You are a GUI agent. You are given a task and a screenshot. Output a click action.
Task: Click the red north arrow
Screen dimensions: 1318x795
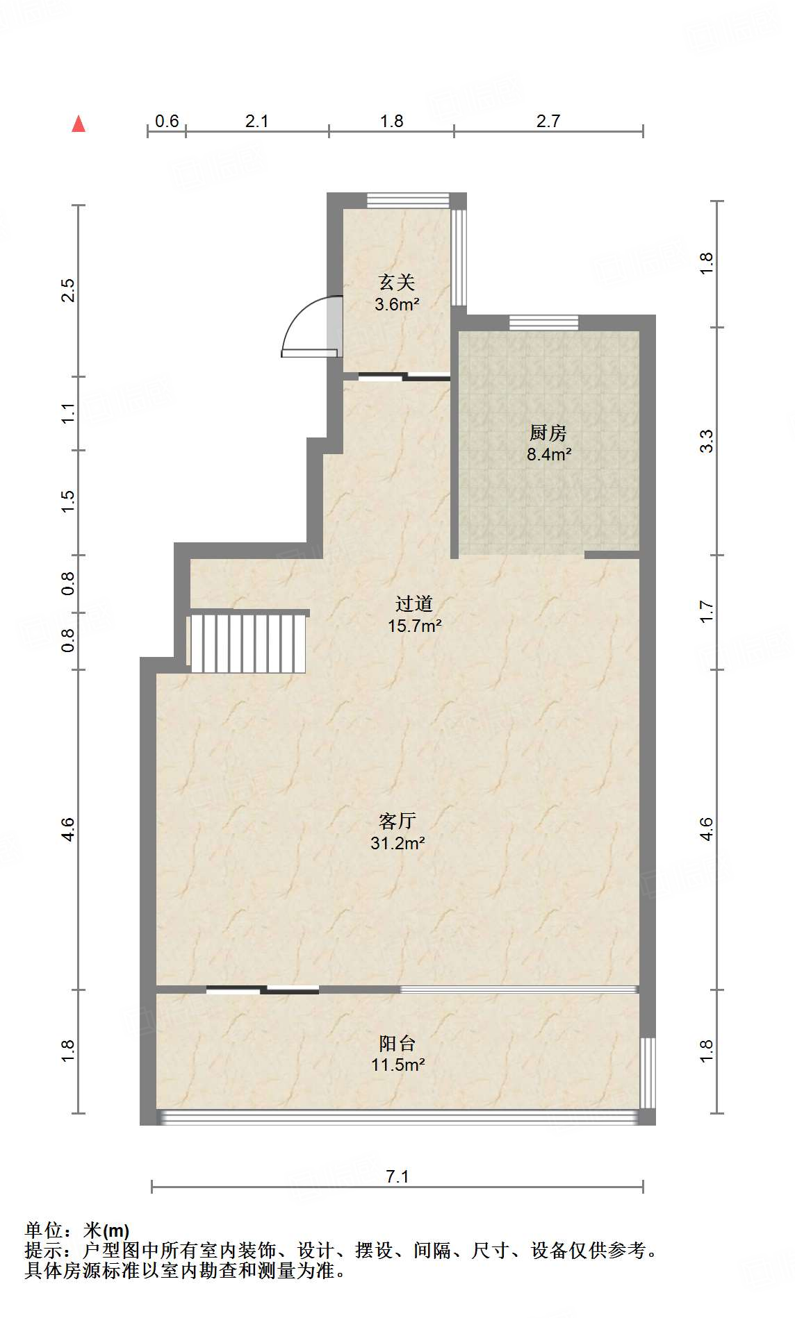point(79,124)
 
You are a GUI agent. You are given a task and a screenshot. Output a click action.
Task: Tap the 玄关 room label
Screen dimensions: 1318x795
point(397,282)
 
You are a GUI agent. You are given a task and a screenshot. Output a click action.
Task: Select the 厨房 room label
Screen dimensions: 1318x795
point(548,433)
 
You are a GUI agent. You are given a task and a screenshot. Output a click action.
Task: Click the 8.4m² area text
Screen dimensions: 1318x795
point(548,455)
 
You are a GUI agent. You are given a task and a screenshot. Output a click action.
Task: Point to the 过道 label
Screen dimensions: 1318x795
point(414,604)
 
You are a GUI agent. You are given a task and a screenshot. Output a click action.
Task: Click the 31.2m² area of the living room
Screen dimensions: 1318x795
point(397,844)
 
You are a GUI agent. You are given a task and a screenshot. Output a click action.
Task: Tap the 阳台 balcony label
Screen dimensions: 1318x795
point(397,1043)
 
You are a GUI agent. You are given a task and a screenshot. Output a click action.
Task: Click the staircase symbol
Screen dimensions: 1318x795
point(248,643)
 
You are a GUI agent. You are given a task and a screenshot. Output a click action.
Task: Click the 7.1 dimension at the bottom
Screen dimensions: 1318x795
point(397,1176)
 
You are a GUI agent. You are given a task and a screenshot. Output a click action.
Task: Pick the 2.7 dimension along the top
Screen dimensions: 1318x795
point(548,122)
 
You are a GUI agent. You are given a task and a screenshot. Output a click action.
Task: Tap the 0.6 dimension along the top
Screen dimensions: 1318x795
point(167,122)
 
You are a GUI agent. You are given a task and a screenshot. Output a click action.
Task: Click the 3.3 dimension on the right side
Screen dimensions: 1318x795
point(706,442)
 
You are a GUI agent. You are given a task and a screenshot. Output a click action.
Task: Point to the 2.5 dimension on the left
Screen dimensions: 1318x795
point(67,290)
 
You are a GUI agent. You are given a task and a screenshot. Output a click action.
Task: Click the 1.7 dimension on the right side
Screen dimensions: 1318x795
point(706,612)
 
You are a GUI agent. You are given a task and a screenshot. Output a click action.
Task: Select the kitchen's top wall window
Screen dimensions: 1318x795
point(543,322)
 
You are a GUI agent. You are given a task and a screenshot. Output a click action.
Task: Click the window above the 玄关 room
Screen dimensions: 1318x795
point(408,200)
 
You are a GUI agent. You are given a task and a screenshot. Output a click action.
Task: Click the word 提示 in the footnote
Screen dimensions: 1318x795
point(44,1251)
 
